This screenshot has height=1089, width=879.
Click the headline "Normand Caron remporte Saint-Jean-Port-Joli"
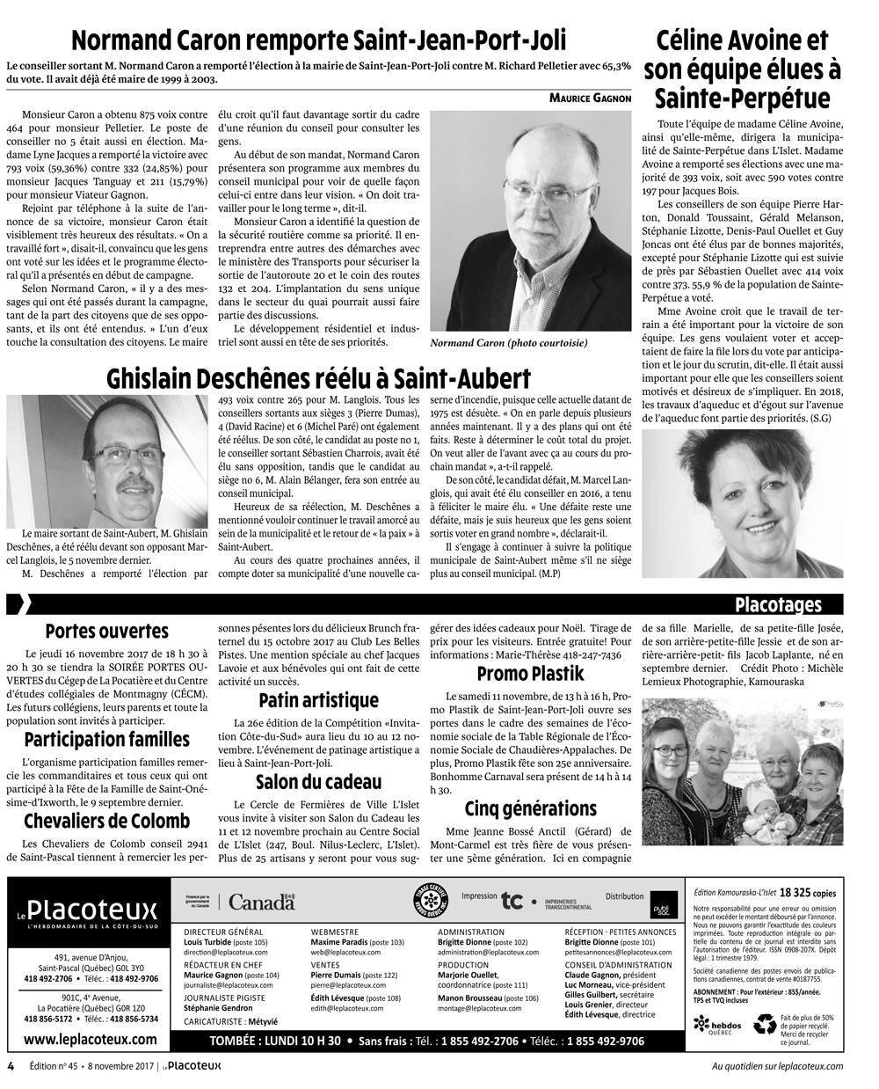[318, 40]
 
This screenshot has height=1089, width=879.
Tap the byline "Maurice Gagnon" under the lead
[591, 98]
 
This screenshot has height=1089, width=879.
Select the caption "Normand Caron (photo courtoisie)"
[509, 343]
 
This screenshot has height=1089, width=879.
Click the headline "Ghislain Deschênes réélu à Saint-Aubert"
[318, 379]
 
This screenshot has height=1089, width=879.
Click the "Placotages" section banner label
[778, 604]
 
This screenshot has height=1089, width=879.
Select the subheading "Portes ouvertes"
[106, 631]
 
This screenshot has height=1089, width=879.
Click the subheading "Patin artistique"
[318, 700]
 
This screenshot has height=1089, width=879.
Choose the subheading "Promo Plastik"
[530, 674]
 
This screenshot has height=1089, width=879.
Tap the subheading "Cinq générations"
[530, 808]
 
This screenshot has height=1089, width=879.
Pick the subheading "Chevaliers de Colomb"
[106, 821]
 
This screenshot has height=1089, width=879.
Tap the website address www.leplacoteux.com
[91, 1039]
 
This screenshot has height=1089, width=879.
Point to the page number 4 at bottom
[11, 1066]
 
